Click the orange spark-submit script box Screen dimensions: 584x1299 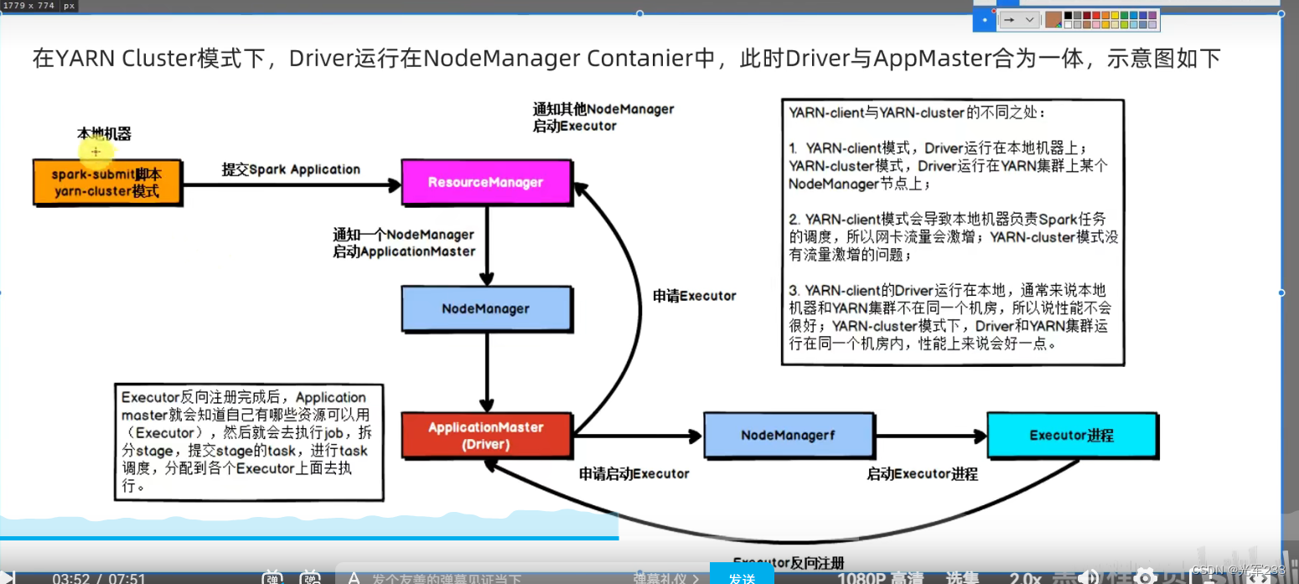107,183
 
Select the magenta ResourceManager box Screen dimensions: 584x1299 486,183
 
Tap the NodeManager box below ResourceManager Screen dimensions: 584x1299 486,308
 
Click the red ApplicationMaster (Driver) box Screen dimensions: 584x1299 486,436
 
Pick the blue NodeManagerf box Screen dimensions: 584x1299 788,436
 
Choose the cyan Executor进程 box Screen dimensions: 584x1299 1071,436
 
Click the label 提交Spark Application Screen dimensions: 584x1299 291,169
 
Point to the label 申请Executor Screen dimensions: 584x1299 694,296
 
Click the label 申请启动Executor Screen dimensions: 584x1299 634,473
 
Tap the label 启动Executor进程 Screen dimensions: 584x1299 922,473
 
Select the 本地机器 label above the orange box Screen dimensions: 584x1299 104,133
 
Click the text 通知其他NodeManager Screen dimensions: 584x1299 603,109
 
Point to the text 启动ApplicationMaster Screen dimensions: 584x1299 404,251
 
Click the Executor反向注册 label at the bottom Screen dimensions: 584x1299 788,562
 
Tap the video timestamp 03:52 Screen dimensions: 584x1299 70,577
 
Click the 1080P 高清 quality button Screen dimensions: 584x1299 874,577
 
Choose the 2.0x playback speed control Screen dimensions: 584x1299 1025,577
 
